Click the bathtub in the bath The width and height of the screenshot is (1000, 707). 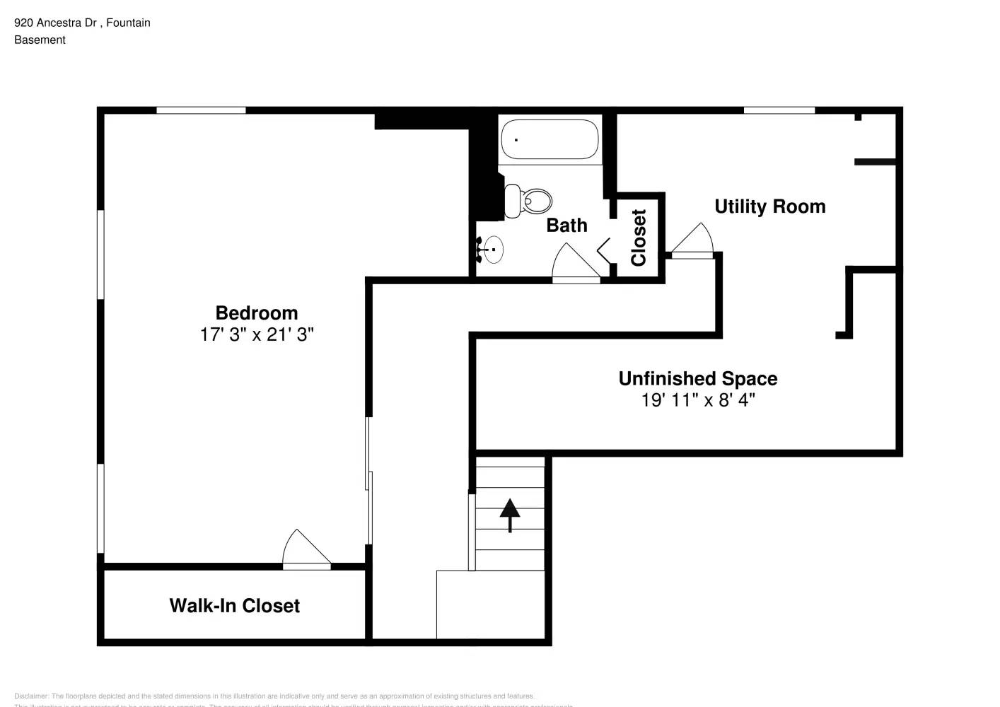point(550,139)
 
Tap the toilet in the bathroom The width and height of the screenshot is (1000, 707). point(528,201)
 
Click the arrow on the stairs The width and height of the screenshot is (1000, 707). point(510,515)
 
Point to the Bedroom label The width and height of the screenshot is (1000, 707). point(256,313)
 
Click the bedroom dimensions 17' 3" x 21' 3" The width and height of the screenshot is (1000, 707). point(256,334)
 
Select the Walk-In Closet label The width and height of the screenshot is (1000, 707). point(234,606)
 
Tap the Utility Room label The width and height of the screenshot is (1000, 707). point(769,206)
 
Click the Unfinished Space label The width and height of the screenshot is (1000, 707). point(697,379)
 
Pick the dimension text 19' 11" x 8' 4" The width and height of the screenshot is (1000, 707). point(697,400)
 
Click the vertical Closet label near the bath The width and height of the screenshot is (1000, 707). point(639,238)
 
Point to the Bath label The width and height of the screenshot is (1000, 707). point(566,226)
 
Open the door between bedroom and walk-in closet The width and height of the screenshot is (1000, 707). point(306,550)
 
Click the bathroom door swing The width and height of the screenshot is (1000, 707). point(574,263)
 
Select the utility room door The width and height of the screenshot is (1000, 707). point(692,240)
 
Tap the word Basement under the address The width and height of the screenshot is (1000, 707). point(40,40)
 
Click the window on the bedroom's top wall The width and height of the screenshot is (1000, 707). point(201,110)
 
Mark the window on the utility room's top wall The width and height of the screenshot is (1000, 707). point(779,110)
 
